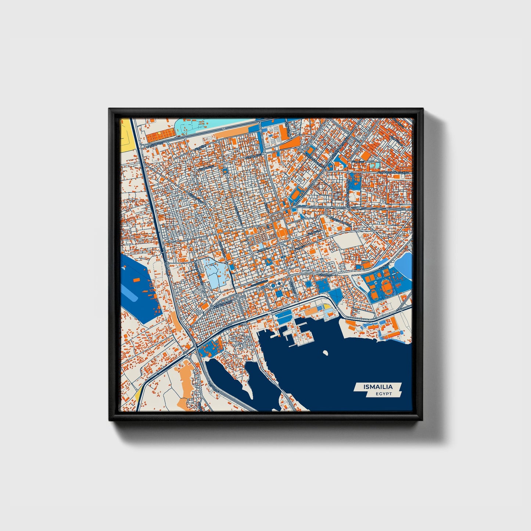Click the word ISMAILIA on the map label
tap(378, 387)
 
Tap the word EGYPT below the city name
tap(384, 394)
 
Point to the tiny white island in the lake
tap(325, 353)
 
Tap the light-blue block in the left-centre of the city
tap(214, 274)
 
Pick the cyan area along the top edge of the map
tap(195, 125)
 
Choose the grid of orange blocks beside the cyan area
tap(160, 136)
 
